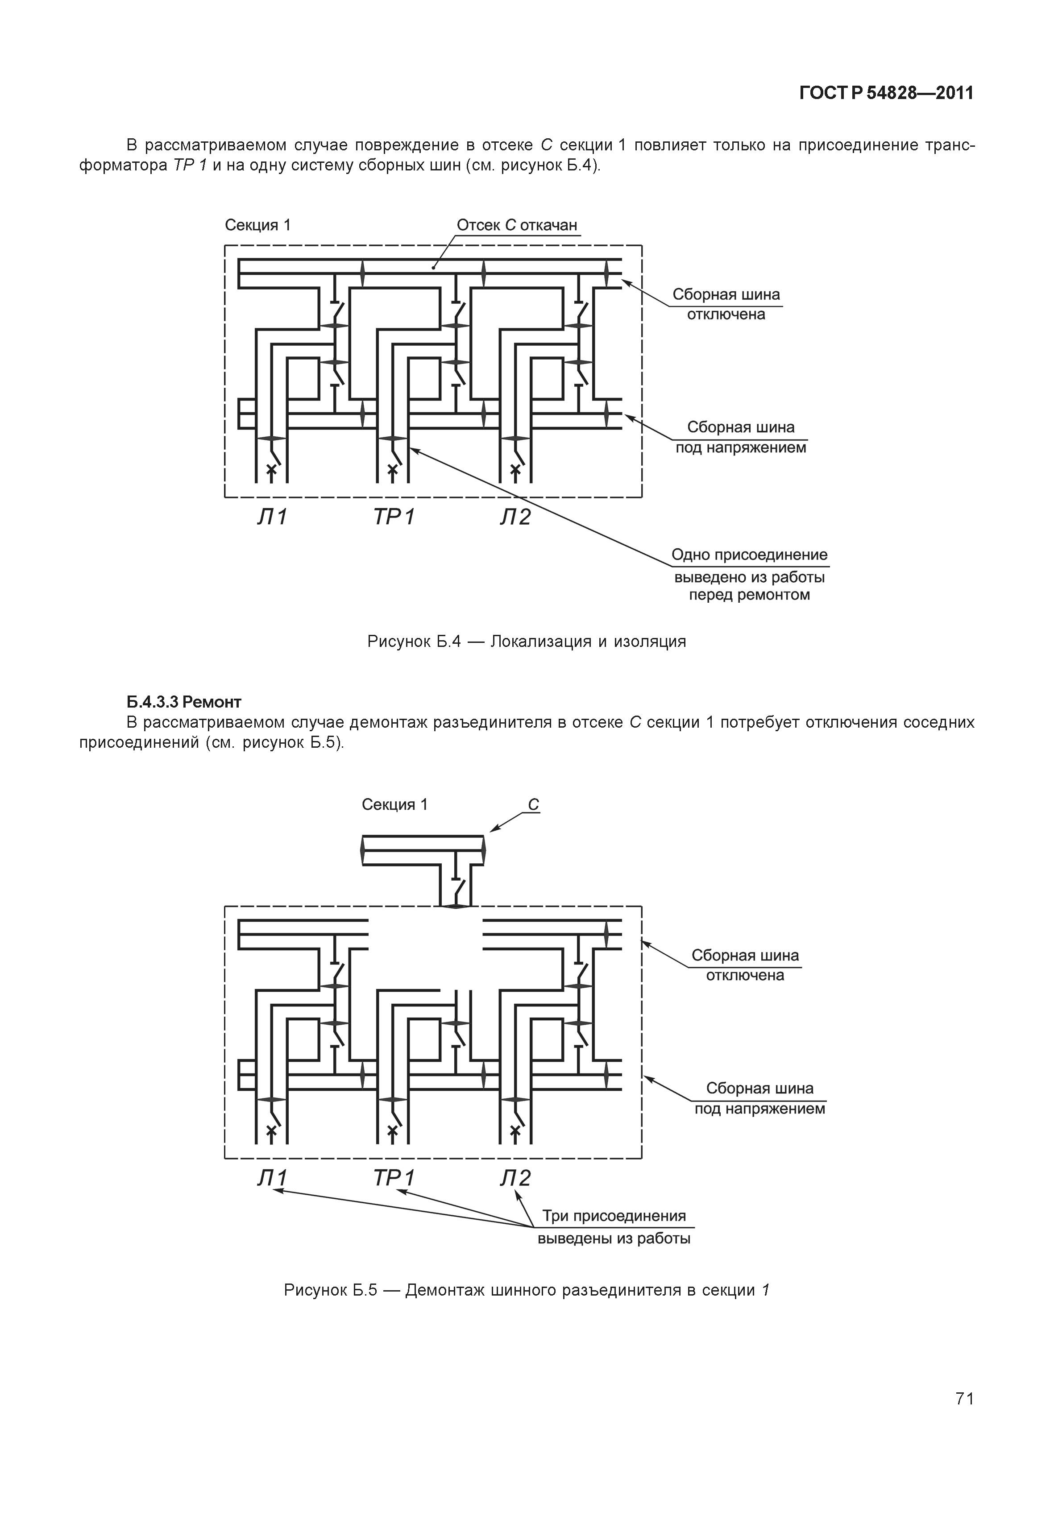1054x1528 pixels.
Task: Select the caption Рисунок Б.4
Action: pos(527,641)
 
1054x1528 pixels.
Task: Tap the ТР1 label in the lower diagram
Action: pos(394,1178)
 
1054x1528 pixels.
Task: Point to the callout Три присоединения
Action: pos(614,1216)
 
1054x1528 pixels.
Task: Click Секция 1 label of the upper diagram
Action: pos(257,225)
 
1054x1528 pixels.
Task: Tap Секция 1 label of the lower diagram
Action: pos(394,804)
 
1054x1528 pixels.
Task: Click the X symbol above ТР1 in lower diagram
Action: pos(393,1130)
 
